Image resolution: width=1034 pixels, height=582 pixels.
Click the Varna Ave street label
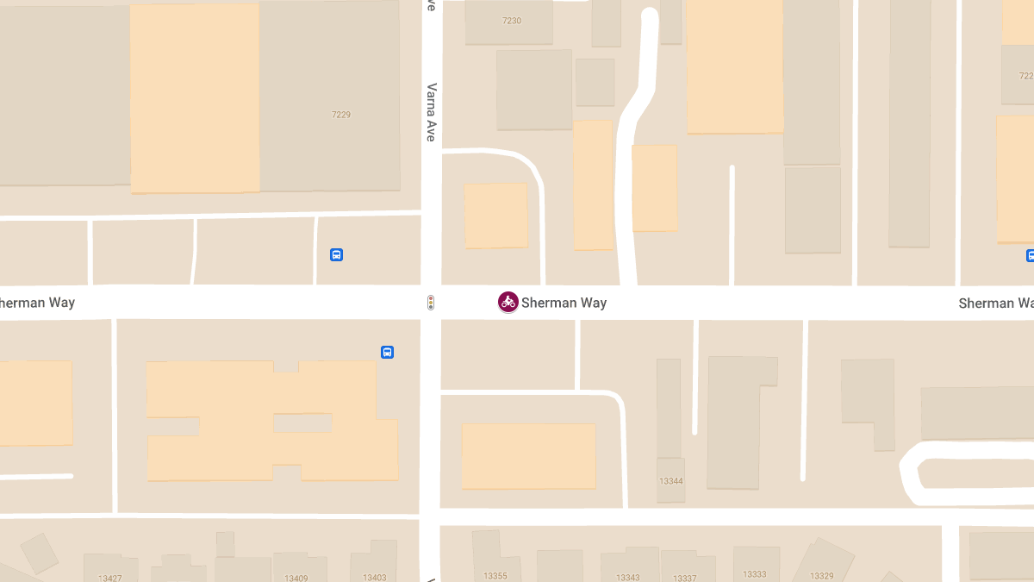431,112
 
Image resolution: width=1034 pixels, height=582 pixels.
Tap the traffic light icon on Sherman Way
431,303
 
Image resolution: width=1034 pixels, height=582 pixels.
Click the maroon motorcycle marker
508,302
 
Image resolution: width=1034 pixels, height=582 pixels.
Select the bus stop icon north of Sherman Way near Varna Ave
337,254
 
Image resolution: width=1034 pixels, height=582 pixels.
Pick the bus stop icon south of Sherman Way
388,352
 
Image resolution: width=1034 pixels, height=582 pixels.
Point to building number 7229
341,115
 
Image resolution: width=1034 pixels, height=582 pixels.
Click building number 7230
512,21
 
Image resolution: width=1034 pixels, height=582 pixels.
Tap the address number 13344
670,481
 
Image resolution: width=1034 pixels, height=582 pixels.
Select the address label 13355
495,576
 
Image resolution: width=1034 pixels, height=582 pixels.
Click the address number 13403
375,578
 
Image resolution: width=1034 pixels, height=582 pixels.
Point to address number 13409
296,578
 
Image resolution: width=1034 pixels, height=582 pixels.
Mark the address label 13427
110,578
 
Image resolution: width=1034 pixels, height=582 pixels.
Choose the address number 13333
755,574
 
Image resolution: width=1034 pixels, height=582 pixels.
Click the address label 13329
821,576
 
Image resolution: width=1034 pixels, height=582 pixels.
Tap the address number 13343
628,577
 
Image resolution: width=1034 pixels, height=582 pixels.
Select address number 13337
685,578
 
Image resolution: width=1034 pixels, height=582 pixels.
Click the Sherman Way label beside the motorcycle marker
564,303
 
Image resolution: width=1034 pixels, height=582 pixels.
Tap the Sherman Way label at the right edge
995,304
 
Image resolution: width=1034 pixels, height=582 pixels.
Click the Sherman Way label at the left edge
37,303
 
